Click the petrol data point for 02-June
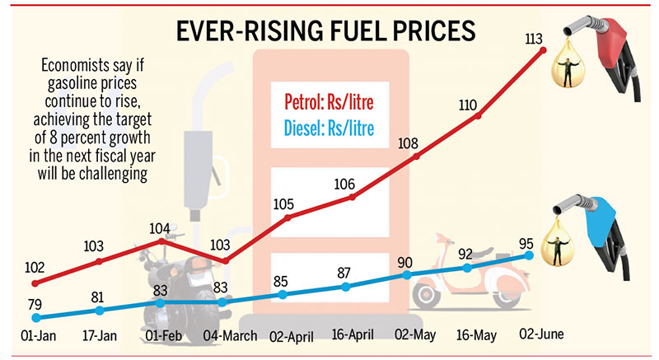pyautogui.click(x=543, y=51)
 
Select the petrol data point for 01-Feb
pyautogui.click(x=161, y=241)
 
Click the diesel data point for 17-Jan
pyautogui.click(x=100, y=311)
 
